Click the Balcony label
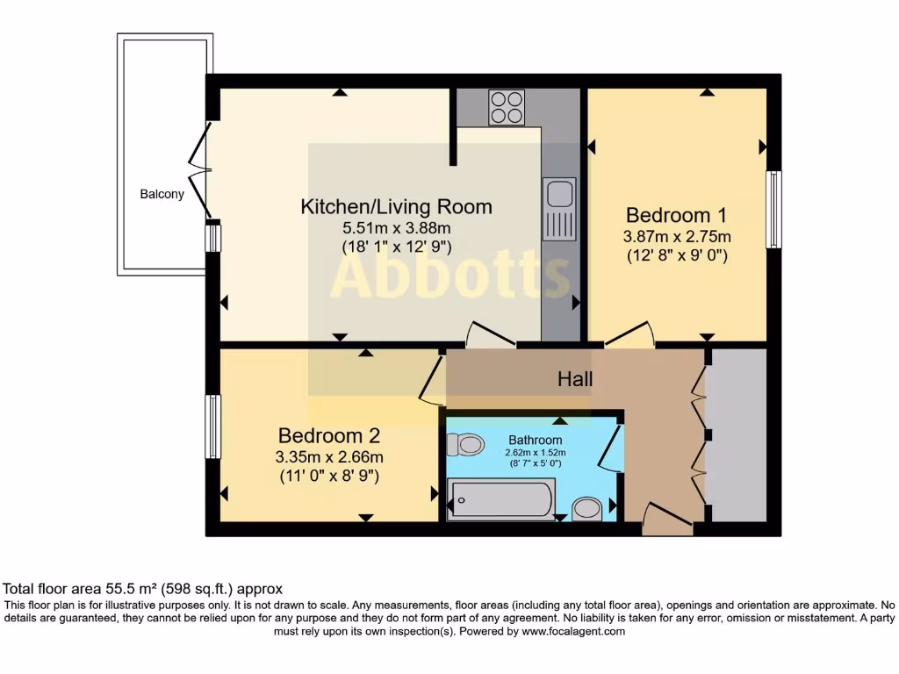(162, 194)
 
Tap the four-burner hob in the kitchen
(507, 108)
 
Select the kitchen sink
(558, 208)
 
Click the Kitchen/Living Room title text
(396, 207)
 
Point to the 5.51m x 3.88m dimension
(396, 228)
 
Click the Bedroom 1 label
(677, 215)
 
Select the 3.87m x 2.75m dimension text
(677, 237)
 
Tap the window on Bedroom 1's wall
(773, 210)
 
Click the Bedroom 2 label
(329, 435)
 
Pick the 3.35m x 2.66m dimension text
(329, 456)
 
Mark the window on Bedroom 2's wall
(212, 427)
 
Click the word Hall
(575, 380)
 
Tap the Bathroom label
(535, 440)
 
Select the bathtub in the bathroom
(501, 500)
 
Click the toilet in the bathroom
(464, 445)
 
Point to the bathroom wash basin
(586, 508)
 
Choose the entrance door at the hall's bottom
(667, 520)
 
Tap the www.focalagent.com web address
(572, 631)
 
